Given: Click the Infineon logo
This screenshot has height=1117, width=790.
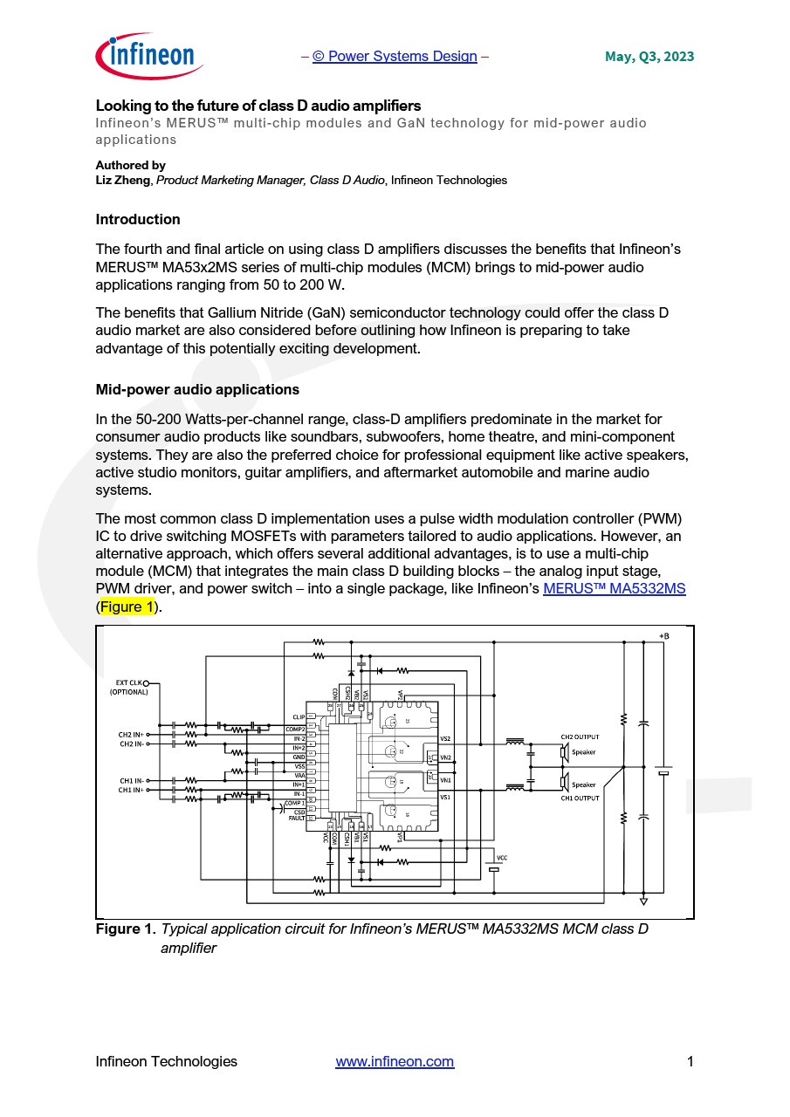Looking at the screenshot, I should [149, 57].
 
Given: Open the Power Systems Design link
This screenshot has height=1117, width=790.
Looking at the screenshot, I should [395, 57].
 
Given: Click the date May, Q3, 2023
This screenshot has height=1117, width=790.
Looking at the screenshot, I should [649, 57].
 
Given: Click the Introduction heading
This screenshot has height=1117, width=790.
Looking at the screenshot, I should [138, 220].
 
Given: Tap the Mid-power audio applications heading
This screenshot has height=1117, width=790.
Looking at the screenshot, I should [197, 390].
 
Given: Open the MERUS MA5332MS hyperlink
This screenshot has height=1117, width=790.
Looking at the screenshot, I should [614, 589].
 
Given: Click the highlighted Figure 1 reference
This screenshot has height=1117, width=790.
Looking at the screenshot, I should [127, 606].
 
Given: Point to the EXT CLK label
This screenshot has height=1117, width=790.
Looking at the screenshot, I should [128, 682].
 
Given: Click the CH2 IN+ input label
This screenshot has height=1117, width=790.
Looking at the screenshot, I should [131, 735].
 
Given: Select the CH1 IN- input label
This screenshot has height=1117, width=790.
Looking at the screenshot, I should [131, 780].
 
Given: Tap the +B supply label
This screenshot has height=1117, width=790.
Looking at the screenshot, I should [663, 635].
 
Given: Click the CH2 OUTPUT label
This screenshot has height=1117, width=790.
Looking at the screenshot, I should [580, 737].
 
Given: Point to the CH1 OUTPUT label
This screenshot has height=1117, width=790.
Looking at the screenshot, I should [580, 798].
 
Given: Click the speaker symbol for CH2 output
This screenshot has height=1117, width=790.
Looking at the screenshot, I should [565, 751].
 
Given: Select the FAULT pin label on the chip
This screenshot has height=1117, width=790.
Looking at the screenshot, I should [297, 819].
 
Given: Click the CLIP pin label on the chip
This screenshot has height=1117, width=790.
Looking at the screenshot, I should [299, 717].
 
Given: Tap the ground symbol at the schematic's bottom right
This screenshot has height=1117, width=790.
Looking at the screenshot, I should [643, 900].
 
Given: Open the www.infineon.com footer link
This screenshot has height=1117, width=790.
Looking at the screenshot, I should [395, 1062].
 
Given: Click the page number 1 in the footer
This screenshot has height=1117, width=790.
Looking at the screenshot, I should [690, 1062].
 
